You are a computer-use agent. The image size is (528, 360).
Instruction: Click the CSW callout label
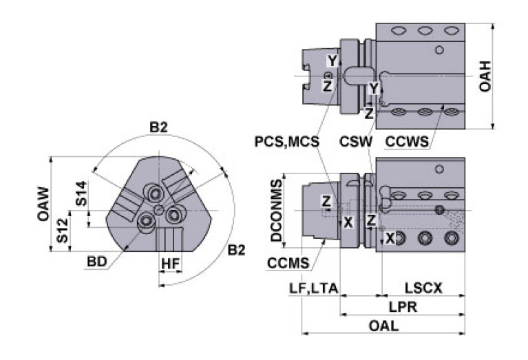(356, 142)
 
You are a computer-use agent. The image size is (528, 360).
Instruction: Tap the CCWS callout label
(408, 142)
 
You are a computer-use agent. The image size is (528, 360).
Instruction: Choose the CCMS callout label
(288, 262)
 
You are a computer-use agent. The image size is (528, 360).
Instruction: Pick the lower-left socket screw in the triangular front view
(147, 220)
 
